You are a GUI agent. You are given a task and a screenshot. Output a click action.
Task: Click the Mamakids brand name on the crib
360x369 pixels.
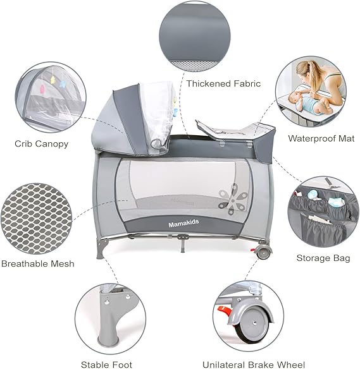[183, 223]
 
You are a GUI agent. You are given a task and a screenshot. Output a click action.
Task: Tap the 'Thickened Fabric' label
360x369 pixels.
[223, 83]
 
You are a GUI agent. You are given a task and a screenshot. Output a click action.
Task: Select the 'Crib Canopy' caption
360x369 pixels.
[42, 144]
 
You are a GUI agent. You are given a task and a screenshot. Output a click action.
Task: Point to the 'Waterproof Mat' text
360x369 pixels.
[321, 138]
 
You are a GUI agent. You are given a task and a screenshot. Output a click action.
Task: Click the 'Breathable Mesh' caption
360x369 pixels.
[38, 263]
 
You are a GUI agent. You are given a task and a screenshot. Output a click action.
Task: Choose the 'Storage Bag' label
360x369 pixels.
[323, 258]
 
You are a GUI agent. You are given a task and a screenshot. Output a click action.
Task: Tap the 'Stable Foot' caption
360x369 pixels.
[106, 365]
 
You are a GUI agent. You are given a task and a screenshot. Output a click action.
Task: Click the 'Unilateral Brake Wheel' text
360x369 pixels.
[254, 365]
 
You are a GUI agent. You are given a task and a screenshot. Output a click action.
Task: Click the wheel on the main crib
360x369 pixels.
[263, 252]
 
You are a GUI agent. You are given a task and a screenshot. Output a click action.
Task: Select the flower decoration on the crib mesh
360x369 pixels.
[233, 199]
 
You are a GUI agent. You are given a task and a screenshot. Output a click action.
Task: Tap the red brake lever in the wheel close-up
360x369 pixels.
[225, 312]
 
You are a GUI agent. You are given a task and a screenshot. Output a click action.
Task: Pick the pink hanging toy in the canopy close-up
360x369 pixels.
[42, 89]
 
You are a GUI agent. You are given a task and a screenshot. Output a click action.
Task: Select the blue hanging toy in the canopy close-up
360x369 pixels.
[63, 84]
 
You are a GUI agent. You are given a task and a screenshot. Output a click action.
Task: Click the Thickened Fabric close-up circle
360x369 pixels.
[195, 36]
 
